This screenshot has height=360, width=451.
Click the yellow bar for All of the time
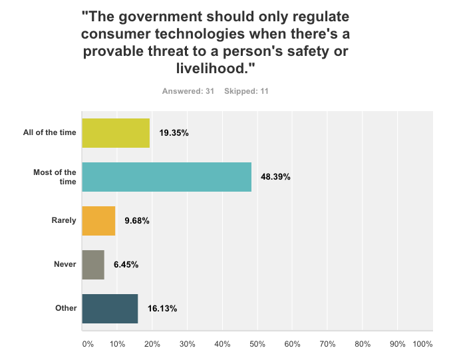click(x=115, y=132)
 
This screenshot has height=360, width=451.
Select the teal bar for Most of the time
click(x=166, y=177)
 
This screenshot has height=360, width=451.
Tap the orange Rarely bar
click(x=98, y=221)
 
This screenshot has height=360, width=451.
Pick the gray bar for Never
click(x=92, y=264)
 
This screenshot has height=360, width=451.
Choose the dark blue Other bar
click(x=109, y=308)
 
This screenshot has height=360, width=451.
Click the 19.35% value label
click(x=174, y=132)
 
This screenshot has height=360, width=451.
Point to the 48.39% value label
click(x=275, y=177)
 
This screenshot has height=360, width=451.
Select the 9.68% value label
click(x=136, y=221)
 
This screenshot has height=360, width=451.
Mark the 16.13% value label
click(x=162, y=308)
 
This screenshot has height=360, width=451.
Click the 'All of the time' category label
click(x=49, y=132)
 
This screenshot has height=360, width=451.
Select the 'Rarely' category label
click(x=64, y=221)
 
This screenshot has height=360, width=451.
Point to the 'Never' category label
click(x=65, y=265)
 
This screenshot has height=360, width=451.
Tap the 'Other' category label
click(x=67, y=308)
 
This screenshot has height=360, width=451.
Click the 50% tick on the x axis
click(x=257, y=344)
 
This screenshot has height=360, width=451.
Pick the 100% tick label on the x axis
click(x=422, y=344)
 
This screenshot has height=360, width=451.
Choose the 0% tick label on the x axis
click(x=87, y=344)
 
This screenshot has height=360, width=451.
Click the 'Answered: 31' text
click(x=188, y=90)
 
